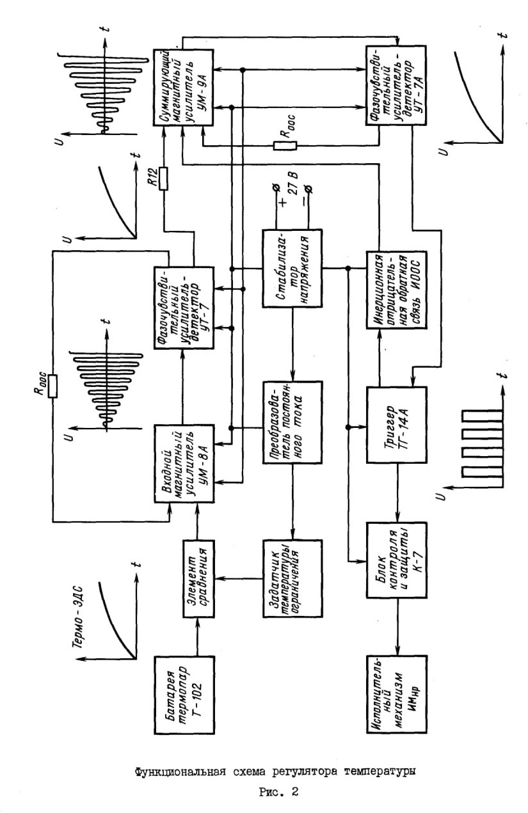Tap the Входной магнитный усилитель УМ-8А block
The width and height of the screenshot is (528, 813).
(184, 464)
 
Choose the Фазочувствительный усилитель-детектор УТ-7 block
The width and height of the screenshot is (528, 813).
(184, 308)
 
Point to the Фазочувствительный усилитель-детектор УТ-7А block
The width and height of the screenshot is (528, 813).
(396, 85)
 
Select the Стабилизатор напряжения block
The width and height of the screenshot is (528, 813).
(292, 269)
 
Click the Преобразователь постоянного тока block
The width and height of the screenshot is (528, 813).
(292, 422)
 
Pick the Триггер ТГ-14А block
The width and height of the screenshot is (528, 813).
(396, 425)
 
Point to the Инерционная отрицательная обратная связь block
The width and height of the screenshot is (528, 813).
(396, 289)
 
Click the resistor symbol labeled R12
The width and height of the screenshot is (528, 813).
(164, 178)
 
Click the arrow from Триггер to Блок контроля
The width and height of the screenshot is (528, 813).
(398, 493)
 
